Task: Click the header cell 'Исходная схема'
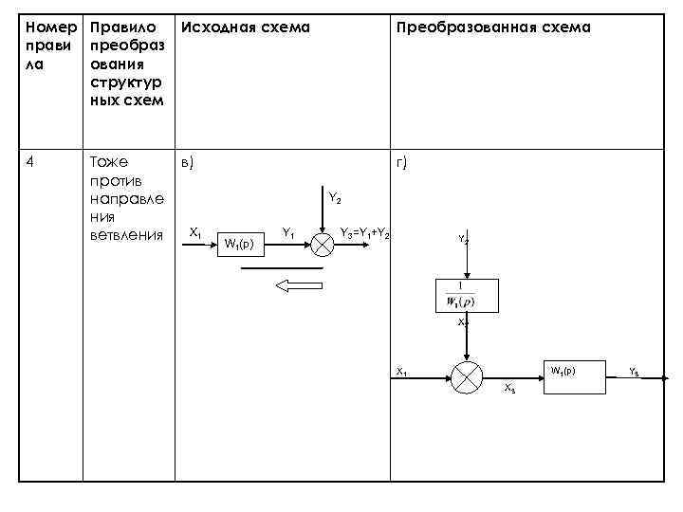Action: (x=246, y=27)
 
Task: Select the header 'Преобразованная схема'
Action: (x=493, y=27)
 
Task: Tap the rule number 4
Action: (x=31, y=162)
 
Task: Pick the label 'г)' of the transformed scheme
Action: (x=402, y=163)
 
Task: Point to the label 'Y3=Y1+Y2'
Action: (x=365, y=232)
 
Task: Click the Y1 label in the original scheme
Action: (x=288, y=232)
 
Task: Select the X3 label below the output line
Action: (x=509, y=390)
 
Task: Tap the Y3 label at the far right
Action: (x=634, y=371)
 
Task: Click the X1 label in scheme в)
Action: (x=194, y=232)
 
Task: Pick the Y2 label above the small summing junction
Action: (x=335, y=198)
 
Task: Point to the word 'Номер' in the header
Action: (x=46, y=27)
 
